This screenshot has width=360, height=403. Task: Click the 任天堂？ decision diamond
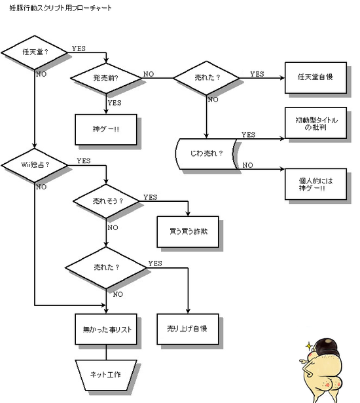35,52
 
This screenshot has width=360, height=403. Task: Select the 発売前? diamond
106,78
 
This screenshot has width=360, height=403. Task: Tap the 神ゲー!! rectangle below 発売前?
106,129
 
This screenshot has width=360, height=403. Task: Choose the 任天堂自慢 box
315,77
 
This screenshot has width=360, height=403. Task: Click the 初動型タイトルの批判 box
315,123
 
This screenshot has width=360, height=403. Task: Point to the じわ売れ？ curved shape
206,154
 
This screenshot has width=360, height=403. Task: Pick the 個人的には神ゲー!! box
315,184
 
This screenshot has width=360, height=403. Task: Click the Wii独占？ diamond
35,165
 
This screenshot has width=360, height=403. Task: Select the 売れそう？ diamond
106,201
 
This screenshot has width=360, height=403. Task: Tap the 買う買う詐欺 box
188,231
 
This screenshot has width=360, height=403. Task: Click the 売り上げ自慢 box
188,329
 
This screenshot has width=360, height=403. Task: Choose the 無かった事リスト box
106,329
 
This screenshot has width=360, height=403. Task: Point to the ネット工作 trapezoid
106,375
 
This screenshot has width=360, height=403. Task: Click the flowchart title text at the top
60,8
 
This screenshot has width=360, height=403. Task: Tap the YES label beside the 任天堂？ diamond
79,48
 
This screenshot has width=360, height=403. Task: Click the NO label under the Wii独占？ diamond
41,187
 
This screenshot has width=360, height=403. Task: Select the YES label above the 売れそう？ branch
150,197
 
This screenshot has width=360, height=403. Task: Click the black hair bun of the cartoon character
326,346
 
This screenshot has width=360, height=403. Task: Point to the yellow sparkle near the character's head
309,346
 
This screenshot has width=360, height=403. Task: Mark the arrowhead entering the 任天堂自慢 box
283,77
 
